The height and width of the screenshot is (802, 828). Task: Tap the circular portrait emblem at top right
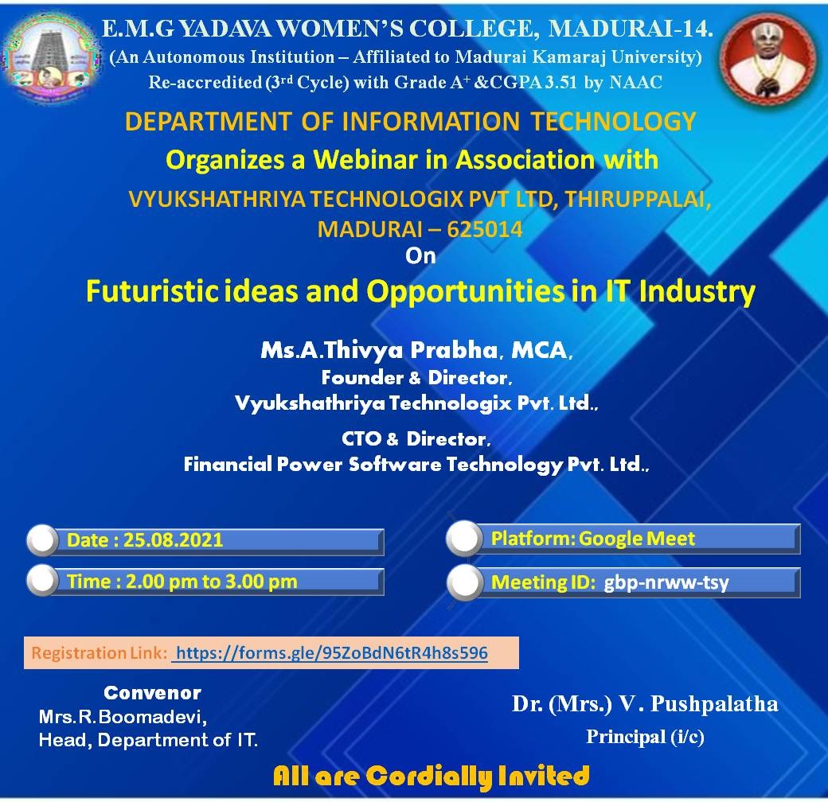click(769, 57)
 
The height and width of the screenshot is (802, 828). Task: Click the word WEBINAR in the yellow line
click(365, 159)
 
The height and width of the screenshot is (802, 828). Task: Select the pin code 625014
click(484, 229)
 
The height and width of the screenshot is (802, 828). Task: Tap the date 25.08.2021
click(174, 539)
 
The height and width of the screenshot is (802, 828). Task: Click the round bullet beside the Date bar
click(43, 539)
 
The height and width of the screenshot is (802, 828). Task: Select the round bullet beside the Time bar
click(43, 580)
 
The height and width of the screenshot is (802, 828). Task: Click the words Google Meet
click(637, 539)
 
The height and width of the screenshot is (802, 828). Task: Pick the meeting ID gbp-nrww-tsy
click(666, 582)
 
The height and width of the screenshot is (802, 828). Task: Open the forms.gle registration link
click(332, 652)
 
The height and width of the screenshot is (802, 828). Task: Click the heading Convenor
click(152, 693)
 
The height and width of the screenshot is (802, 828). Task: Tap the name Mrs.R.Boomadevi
click(123, 717)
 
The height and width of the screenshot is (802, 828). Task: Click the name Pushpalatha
click(714, 704)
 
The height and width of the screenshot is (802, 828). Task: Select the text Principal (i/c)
click(645, 737)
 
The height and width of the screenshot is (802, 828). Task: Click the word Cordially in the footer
click(429, 777)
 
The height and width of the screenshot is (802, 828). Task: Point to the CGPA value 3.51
click(561, 82)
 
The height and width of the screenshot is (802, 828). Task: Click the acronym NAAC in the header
click(635, 82)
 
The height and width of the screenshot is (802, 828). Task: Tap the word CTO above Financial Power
click(361, 438)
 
